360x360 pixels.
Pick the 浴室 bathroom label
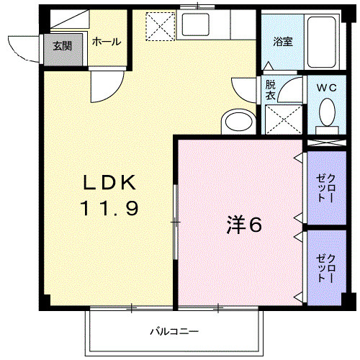282,42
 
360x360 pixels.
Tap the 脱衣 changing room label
270,89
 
